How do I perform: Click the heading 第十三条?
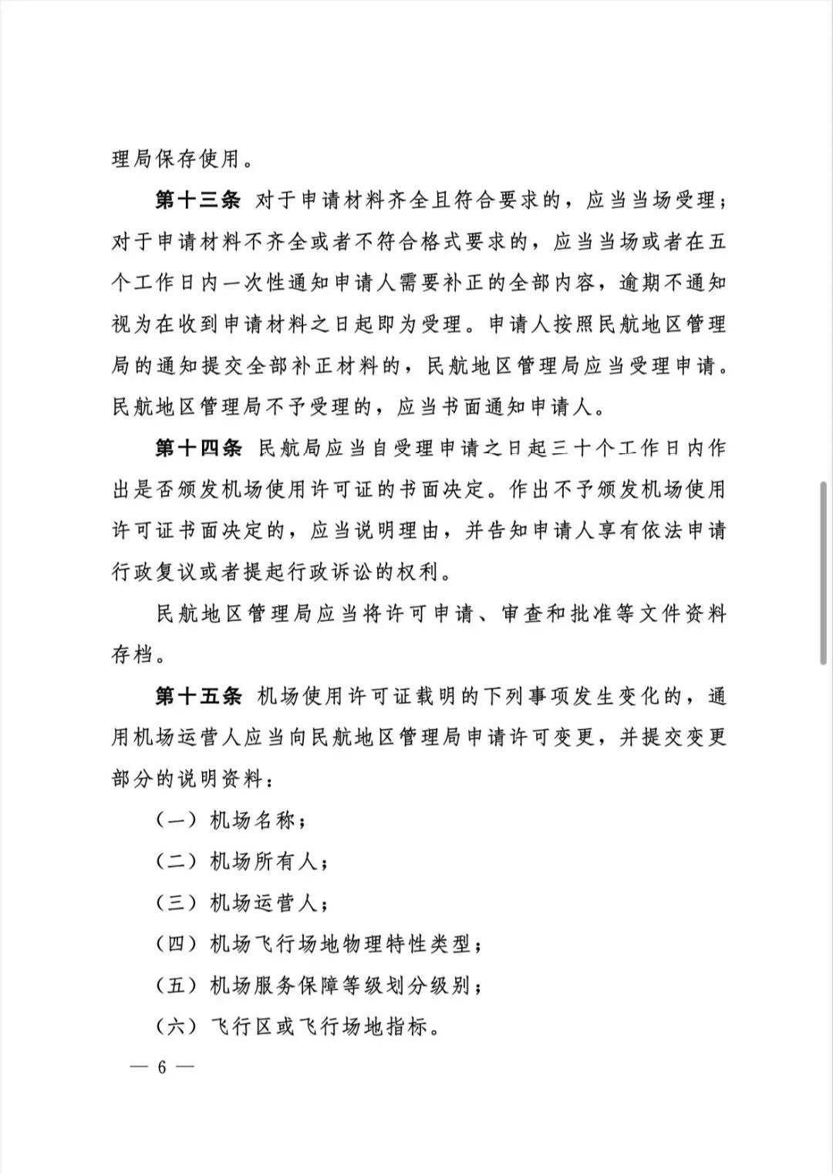point(198,201)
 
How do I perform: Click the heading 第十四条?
point(198,448)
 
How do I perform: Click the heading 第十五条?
point(198,696)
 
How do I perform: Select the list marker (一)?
point(177,821)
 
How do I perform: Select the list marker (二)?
point(177,862)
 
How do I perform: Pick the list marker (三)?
point(177,903)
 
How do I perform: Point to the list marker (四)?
point(177,944)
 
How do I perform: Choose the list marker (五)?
point(177,985)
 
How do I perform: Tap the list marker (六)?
point(177,1027)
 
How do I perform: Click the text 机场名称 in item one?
point(252,821)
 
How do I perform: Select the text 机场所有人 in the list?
point(263,862)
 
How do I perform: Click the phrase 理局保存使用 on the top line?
point(177,160)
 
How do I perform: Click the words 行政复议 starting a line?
point(155,572)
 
